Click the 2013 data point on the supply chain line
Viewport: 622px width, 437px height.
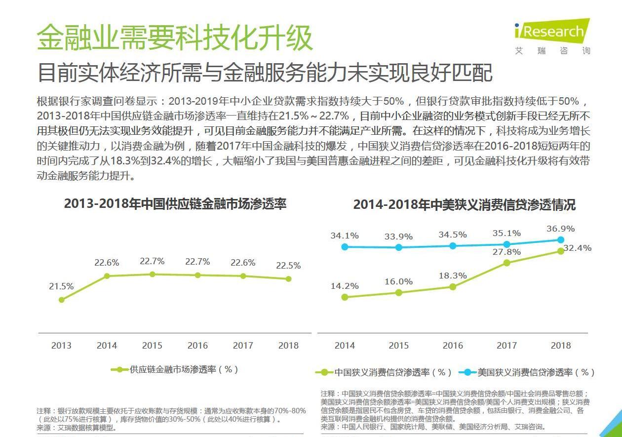[62, 300]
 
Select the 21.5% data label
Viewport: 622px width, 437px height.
[61, 286]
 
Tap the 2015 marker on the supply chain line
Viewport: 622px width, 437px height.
[152, 274]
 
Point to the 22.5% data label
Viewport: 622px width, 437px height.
[288, 266]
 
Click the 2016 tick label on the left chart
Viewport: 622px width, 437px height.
[197, 346]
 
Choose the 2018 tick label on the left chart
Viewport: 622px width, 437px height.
[288, 346]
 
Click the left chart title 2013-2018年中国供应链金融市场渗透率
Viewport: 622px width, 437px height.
[175, 204]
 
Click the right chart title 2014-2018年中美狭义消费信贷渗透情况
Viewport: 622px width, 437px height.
[464, 205]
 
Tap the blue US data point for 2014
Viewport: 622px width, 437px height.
[345, 246]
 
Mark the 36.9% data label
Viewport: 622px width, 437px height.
[561, 229]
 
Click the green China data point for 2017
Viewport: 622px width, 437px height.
[507, 263]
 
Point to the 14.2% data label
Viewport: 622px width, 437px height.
[345, 286]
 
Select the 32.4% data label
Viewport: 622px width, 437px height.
[577, 248]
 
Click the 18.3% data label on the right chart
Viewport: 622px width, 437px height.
[453, 276]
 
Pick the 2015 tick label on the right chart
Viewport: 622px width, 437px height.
[399, 346]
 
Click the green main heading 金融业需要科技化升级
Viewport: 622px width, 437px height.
[175, 37]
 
